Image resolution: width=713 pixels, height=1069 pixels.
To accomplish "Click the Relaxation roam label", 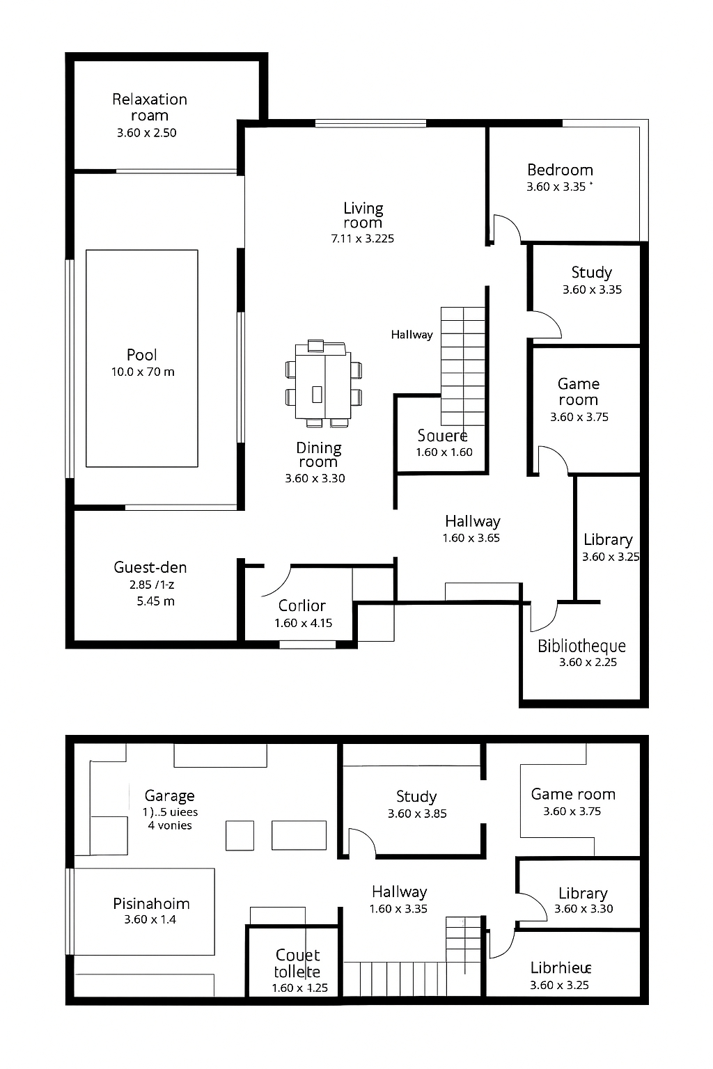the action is click(x=150, y=107).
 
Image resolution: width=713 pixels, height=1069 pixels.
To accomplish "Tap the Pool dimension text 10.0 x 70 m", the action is click(x=143, y=372).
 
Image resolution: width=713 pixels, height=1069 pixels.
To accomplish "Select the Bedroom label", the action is click(x=561, y=170).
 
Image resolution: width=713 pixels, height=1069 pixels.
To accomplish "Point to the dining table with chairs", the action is click(x=324, y=383).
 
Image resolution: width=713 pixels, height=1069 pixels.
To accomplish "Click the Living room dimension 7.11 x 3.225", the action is click(x=363, y=239).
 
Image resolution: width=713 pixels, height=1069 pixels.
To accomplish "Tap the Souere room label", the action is click(x=442, y=436).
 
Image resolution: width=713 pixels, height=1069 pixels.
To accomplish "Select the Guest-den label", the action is click(x=150, y=567).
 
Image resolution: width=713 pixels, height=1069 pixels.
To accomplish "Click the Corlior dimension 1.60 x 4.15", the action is click(x=304, y=623).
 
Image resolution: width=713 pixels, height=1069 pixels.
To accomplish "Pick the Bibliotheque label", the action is click(x=581, y=646).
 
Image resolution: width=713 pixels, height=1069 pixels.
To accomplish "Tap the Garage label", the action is click(x=169, y=796).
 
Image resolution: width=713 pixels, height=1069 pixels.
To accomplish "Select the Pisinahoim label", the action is click(x=151, y=903).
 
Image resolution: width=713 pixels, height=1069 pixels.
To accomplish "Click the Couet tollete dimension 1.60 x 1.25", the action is click(x=300, y=988).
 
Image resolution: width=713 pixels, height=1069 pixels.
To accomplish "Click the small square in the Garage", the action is click(x=240, y=836).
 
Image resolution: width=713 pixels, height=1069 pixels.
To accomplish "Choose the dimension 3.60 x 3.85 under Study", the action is click(x=417, y=814).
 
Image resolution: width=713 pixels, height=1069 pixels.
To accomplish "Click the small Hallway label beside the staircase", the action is click(x=412, y=335).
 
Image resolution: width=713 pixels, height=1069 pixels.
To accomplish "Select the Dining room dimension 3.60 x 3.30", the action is click(x=315, y=478).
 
